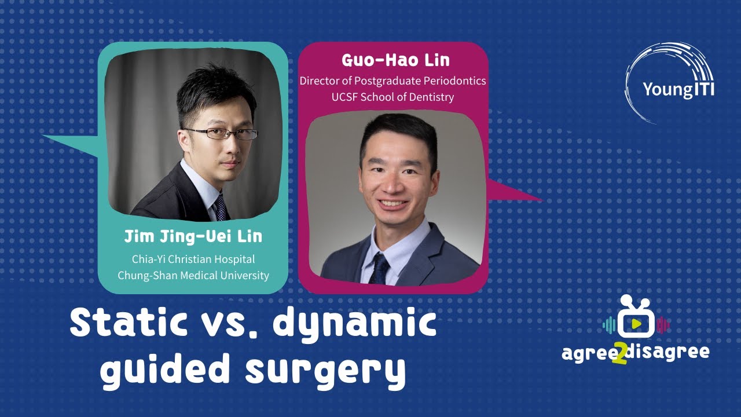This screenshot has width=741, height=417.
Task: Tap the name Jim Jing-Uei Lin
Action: pyautogui.click(x=193, y=236)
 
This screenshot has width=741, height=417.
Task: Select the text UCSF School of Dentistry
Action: pyautogui.click(x=392, y=97)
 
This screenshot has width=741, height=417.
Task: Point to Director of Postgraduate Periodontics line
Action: pyautogui.click(x=392, y=81)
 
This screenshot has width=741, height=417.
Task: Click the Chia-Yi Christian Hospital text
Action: pyautogui.click(x=193, y=259)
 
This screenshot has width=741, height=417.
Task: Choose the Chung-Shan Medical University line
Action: pyautogui.click(x=193, y=275)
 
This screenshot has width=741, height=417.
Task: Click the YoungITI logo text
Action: pyautogui.click(x=678, y=90)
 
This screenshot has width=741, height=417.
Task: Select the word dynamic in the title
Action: pyautogui.click(x=354, y=324)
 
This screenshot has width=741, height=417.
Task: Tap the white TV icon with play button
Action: pyautogui.click(x=635, y=321)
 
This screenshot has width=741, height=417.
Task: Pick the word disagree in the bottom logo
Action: pyautogui.click(x=673, y=352)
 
